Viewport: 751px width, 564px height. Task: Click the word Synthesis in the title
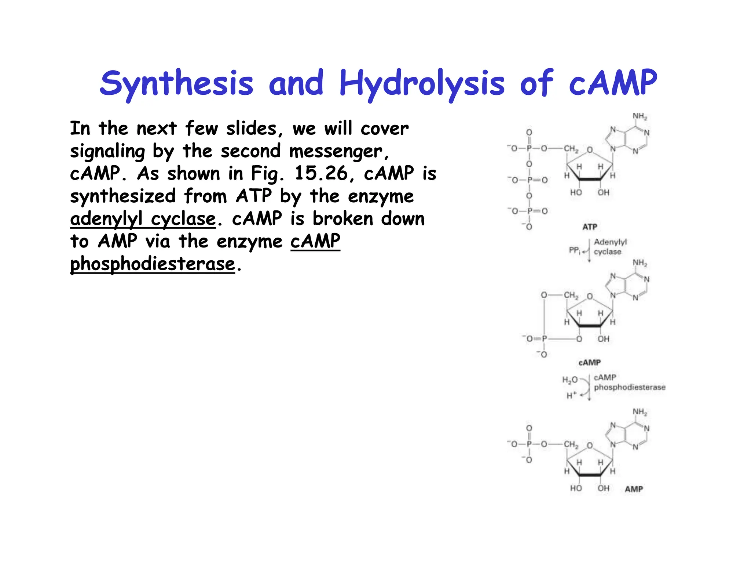click(x=176, y=83)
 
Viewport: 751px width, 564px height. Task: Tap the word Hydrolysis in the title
click(x=422, y=83)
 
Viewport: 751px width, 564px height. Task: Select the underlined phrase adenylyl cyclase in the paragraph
click(x=143, y=219)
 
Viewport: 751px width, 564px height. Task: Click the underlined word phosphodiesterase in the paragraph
click(x=153, y=264)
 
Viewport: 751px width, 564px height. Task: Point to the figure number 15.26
click(x=321, y=173)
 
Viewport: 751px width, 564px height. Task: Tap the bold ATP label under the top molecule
click(x=590, y=227)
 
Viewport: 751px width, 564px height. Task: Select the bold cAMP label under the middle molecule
click(x=590, y=362)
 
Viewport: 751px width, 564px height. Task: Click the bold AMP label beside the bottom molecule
click(x=634, y=489)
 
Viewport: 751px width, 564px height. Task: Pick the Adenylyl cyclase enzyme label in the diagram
click(x=610, y=247)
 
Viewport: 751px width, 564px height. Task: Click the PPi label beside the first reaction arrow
click(x=574, y=250)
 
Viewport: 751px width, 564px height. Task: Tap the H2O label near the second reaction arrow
click(x=570, y=380)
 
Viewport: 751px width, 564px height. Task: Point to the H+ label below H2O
click(x=571, y=395)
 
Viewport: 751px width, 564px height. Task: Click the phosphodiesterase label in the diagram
click(x=629, y=387)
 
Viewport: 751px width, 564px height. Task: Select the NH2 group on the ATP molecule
click(x=640, y=116)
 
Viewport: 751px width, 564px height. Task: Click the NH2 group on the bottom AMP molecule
click(x=640, y=412)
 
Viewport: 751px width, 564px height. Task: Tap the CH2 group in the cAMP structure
click(x=571, y=296)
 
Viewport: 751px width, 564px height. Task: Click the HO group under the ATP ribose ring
click(x=576, y=192)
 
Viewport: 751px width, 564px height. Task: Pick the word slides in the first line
click(x=252, y=129)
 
